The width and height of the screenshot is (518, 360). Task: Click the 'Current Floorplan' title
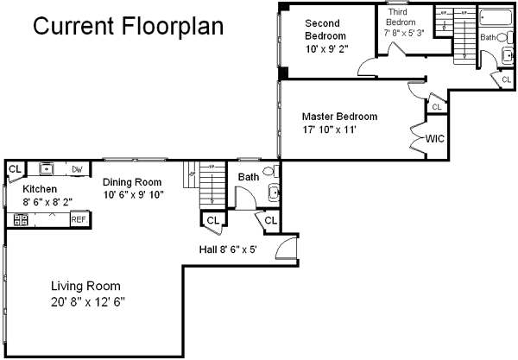128,26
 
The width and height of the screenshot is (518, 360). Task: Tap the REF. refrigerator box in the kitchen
79,219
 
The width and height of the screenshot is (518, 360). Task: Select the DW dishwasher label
77,169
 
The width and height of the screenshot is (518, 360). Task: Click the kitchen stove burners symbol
21,220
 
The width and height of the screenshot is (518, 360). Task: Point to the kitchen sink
47,168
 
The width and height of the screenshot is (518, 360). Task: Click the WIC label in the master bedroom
435,139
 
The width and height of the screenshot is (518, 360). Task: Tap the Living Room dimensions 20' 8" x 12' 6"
88,302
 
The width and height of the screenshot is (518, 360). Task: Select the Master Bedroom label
339,117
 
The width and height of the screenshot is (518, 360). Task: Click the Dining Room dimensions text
134,194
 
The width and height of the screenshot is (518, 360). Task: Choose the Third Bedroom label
401,17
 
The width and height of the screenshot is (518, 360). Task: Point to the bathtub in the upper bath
496,17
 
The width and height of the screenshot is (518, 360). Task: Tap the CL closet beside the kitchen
15,171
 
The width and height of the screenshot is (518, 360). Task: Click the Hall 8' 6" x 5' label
228,249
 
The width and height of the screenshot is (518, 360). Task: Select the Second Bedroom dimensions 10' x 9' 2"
326,49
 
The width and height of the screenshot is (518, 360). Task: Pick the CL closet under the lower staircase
213,221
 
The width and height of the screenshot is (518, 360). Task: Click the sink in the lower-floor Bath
274,193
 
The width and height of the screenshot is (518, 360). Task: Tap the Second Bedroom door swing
366,67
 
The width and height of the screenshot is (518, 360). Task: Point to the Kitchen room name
40,189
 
